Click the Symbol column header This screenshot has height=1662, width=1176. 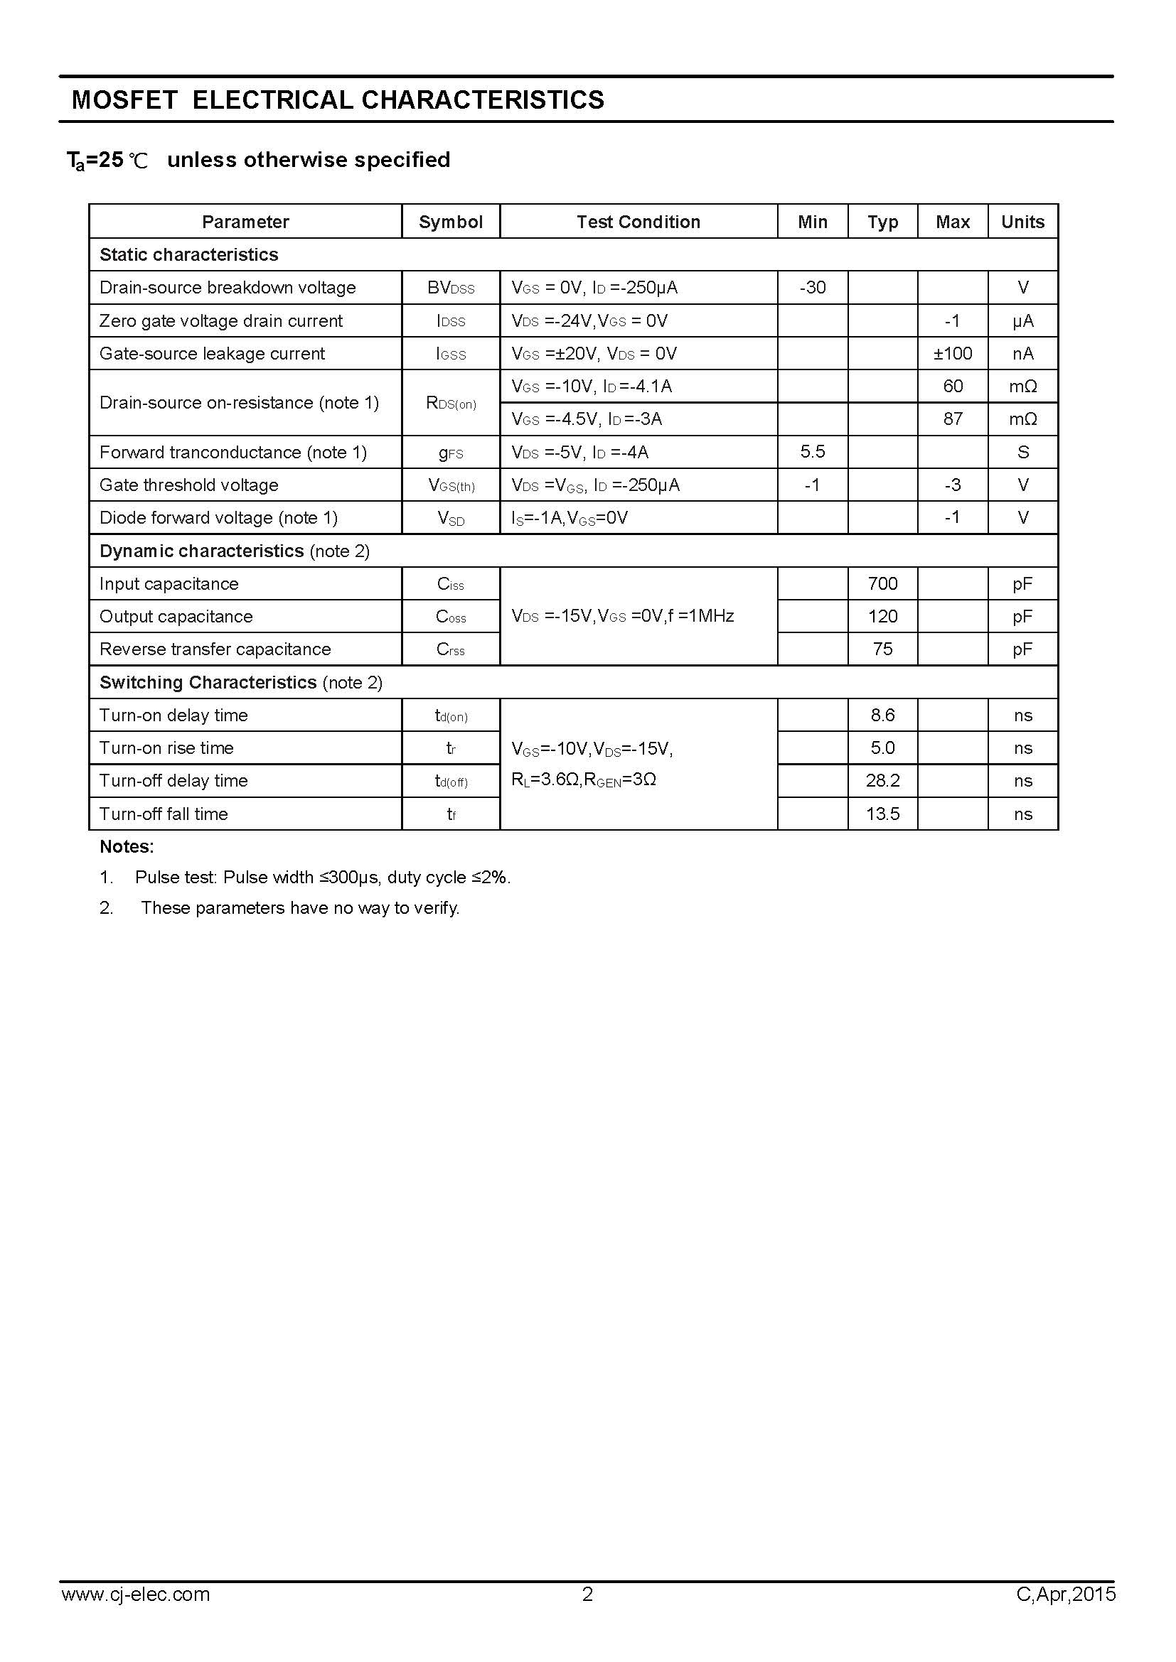[x=450, y=222]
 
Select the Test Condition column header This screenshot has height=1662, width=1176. [x=638, y=222]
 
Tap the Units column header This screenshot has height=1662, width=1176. [x=1022, y=222]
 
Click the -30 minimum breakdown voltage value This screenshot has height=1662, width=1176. [x=813, y=287]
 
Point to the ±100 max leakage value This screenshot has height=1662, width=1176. [x=952, y=353]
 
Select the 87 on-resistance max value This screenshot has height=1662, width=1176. [x=952, y=419]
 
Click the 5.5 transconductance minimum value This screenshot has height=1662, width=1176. [x=813, y=452]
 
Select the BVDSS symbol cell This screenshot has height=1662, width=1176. [x=450, y=288]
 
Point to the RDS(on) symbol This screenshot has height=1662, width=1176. [x=450, y=403]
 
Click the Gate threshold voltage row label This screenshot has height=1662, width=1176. [x=188, y=485]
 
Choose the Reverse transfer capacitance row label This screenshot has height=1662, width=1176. [x=214, y=649]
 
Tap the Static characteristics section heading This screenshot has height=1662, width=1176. [x=188, y=255]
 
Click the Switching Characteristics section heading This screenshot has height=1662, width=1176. [x=208, y=683]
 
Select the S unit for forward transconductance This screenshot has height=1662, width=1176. [x=1022, y=453]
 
